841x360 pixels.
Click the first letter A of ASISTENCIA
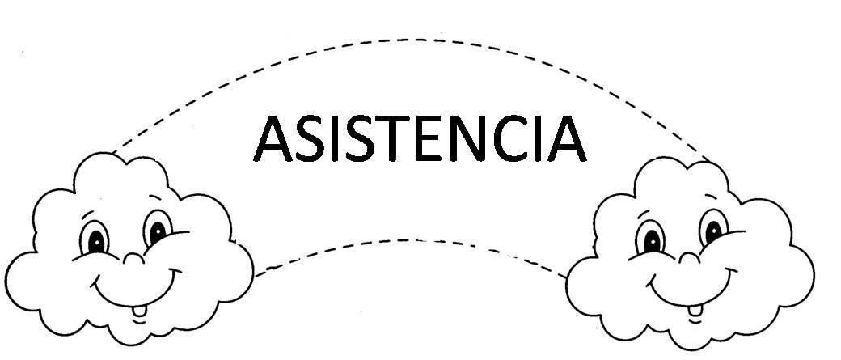[273, 138]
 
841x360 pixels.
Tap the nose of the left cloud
[133, 259]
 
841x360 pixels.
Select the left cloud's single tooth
[139, 311]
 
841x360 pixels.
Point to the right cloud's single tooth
[695, 311]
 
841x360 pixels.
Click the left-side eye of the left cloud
[94, 238]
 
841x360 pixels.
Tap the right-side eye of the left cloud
[157, 229]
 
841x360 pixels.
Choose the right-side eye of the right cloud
[713, 229]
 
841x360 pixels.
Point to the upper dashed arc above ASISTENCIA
[413, 40]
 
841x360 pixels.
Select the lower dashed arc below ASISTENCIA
[410, 240]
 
